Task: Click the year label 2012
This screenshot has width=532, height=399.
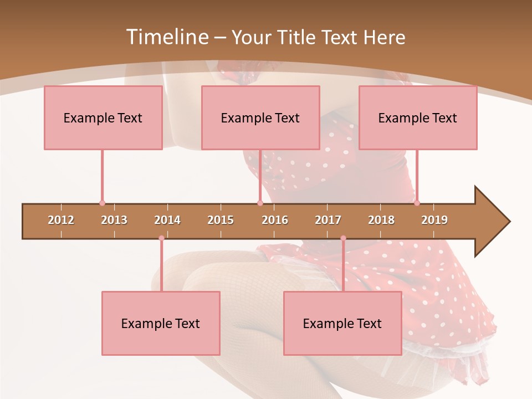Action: click(61, 220)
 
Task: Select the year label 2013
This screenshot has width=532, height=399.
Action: click(114, 220)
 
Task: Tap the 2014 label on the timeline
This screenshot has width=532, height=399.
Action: click(167, 220)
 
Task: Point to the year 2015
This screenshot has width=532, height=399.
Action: click(221, 220)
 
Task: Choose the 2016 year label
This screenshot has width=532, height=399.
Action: click(275, 220)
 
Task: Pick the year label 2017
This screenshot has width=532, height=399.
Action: click(328, 220)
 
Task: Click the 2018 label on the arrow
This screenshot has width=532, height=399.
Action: click(381, 220)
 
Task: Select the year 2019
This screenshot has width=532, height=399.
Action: click(434, 220)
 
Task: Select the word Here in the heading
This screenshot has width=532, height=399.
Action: click(384, 37)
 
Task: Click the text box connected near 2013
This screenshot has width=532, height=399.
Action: click(103, 117)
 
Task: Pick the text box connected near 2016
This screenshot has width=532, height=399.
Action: click(260, 117)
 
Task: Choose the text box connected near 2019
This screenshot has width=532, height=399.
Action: click(418, 117)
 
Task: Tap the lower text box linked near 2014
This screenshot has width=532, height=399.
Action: click(161, 323)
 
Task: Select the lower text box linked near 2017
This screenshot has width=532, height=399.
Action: click(342, 323)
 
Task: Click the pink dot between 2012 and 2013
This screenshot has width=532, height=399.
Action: click(102, 203)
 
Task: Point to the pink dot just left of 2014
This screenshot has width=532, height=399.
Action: click(161, 238)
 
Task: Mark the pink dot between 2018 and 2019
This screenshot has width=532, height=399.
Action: click(417, 203)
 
